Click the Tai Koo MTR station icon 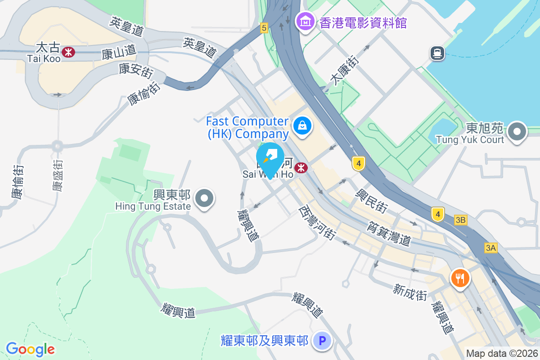point(68,52)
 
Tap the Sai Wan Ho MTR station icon point(301,168)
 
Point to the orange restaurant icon point(459,278)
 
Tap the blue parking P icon point(322,341)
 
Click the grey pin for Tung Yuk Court point(517,132)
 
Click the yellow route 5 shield point(264,28)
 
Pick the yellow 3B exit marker point(461,220)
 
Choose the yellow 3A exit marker point(490,247)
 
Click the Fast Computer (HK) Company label point(247,127)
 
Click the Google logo point(30,349)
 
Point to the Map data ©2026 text point(502,353)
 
